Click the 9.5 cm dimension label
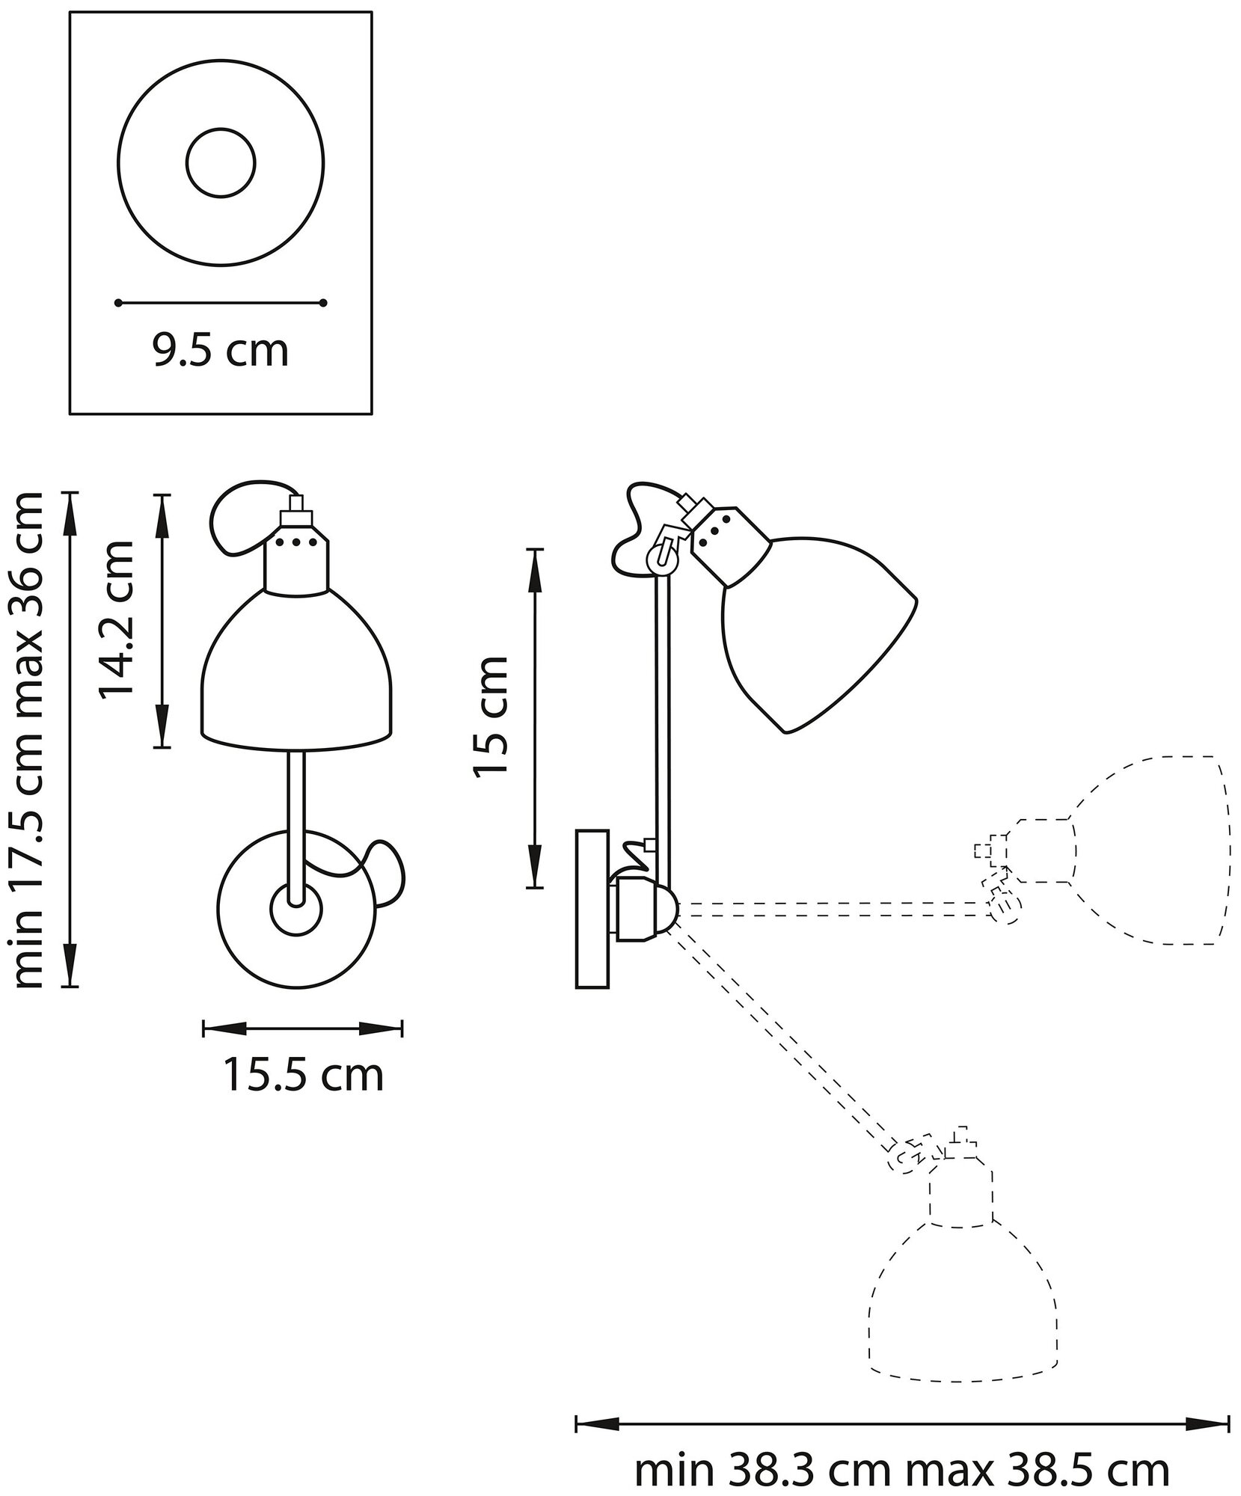221,352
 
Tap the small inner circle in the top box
221,163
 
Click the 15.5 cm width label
303,1076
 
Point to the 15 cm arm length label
491,717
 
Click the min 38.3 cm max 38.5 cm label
901,1450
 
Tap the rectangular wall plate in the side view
592,908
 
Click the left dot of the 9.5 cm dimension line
118,303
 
